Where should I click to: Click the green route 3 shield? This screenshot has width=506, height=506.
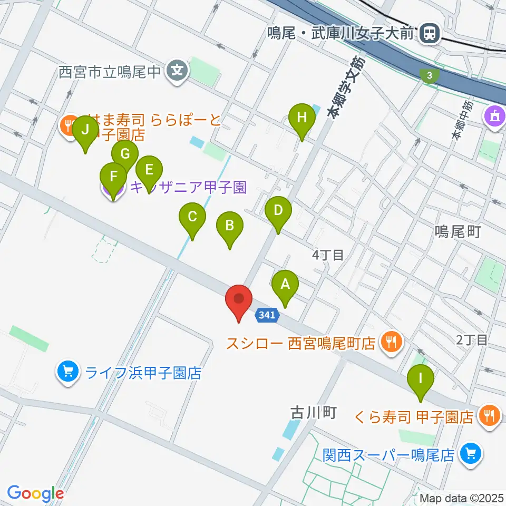(430, 75)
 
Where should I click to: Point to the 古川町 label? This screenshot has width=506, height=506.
(313, 412)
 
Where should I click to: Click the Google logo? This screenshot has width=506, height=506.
(35, 493)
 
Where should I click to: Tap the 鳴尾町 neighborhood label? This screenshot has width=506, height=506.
(458, 232)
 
